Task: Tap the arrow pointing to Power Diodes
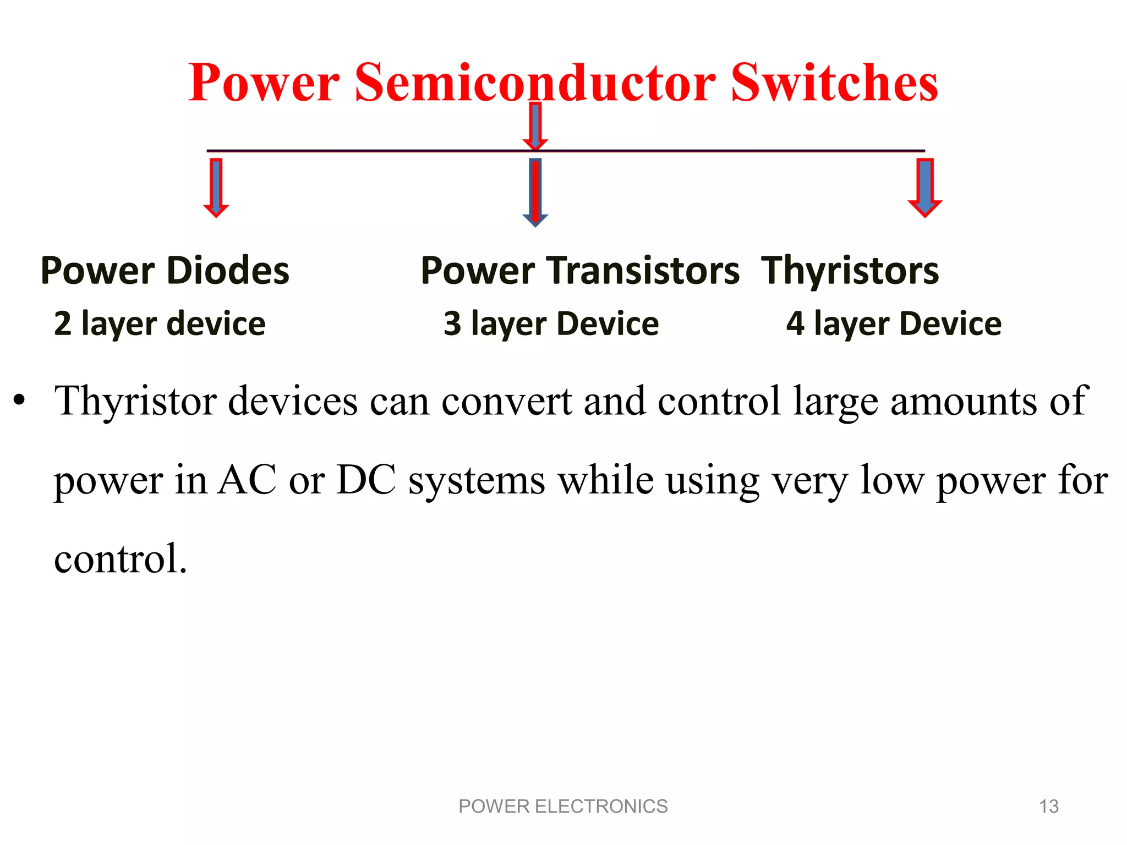point(216,188)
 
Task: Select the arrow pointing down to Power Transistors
point(535,192)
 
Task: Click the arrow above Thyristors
point(924,188)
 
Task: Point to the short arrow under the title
point(535,125)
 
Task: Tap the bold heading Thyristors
point(850,271)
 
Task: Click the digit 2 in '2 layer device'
point(63,323)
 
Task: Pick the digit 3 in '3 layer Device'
point(452,323)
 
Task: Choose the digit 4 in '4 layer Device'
point(795,323)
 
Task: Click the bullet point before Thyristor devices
point(19,400)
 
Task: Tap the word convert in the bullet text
point(506,400)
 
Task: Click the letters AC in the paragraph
point(247,480)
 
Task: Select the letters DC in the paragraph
point(366,480)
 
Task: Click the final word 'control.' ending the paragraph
point(121,558)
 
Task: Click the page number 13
point(1048,806)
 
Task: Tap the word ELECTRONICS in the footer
point(601,806)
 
